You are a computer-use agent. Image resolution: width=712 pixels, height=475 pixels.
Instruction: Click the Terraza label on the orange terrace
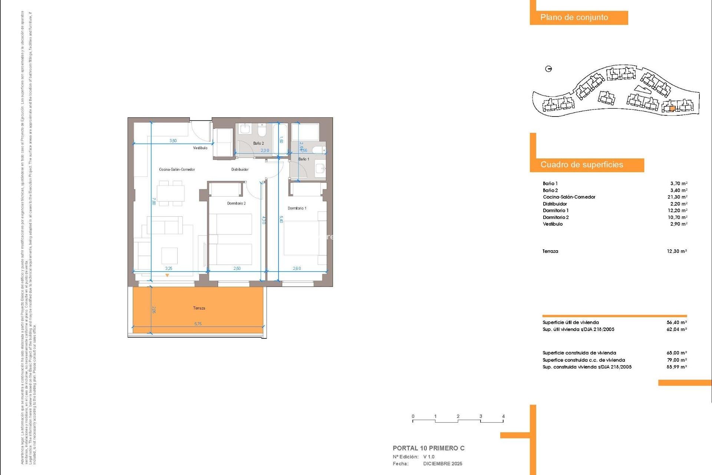pyautogui.click(x=199, y=308)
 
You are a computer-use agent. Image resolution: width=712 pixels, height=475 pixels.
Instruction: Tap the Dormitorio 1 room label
pyautogui.click(x=297, y=208)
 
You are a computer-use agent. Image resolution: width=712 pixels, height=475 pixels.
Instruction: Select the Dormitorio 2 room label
pyautogui.click(x=236, y=203)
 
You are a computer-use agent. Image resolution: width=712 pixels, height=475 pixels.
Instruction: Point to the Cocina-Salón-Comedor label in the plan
pyautogui.click(x=177, y=170)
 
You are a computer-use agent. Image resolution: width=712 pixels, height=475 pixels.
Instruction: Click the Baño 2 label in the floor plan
pyautogui.click(x=258, y=143)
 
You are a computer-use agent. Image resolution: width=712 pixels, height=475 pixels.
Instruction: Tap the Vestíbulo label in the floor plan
pyautogui.click(x=200, y=148)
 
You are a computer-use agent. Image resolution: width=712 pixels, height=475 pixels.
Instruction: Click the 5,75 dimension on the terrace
pyautogui.click(x=198, y=324)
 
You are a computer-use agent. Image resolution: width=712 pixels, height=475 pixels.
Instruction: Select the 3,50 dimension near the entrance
pyautogui.click(x=173, y=141)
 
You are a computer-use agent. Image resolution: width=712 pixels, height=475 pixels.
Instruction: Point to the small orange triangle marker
pyautogui.click(x=167, y=275)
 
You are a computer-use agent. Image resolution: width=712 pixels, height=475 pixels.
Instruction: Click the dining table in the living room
pyautogui.click(x=171, y=193)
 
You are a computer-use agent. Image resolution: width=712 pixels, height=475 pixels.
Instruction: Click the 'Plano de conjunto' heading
pyautogui.click(x=574, y=17)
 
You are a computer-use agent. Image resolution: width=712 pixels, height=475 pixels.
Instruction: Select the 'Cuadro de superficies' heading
pyautogui.click(x=581, y=165)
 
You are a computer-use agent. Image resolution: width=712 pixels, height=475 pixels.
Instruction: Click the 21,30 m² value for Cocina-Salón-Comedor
pyautogui.click(x=677, y=197)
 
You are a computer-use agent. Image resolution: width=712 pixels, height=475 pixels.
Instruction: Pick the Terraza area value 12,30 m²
pyautogui.click(x=676, y=251)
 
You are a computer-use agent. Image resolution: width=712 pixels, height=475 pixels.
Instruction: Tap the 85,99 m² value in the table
pyautogui.click(x=676, y=367)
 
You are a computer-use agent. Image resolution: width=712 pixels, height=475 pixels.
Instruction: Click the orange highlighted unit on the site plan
pyautogui.click(x=672, y=109)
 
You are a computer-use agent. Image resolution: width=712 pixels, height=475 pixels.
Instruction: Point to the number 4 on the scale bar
pyautogui.click(x=503, y=416)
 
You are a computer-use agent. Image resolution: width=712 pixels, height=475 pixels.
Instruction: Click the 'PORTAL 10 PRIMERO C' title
pyautogui.click(x=428, y=448)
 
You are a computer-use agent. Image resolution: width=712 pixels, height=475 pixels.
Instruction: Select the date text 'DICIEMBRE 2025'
pyautogui.click(x=442, y=464)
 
